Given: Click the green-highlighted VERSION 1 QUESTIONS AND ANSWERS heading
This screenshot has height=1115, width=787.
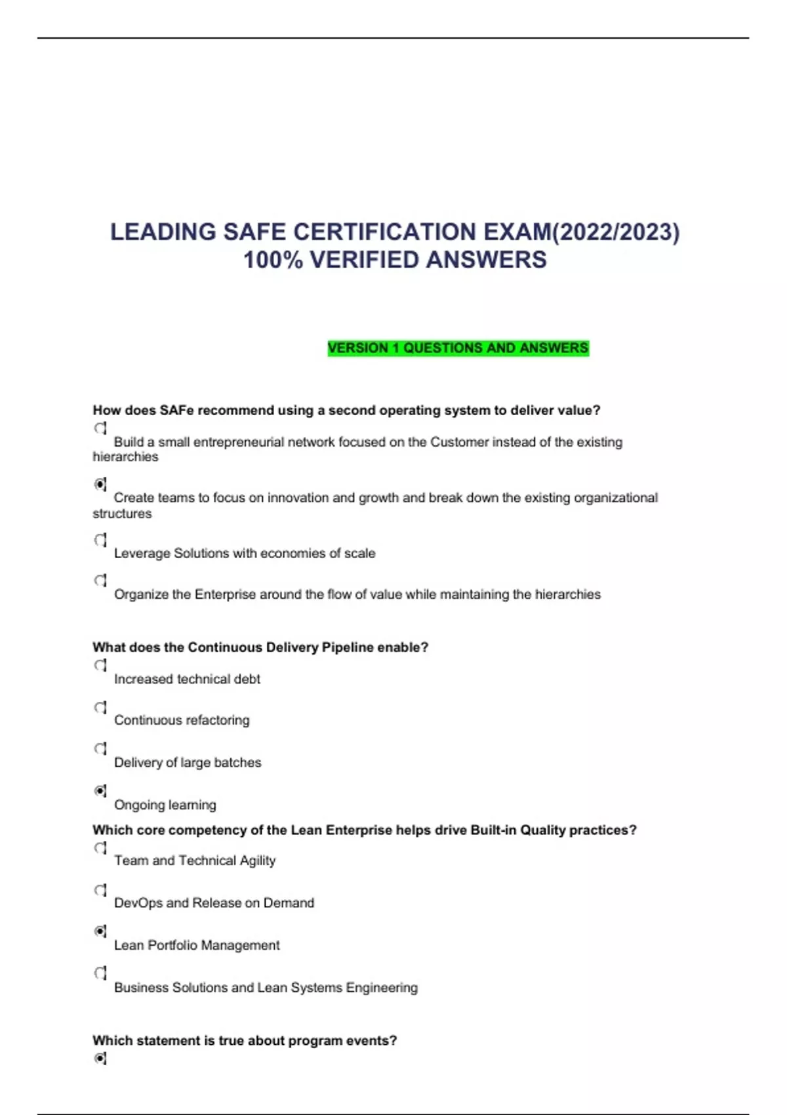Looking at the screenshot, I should point(458,348).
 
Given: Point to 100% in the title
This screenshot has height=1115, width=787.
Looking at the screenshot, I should point(273,260).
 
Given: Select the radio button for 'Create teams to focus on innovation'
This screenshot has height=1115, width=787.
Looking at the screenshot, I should point(100,484).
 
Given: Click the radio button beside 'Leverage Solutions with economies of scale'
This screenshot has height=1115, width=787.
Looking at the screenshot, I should point(100,540).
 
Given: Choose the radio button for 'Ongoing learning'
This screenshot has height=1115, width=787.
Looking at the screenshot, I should point(100,791).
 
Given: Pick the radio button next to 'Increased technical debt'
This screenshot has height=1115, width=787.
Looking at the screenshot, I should point(100,665).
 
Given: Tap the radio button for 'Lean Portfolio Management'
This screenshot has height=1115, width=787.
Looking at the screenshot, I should point(100,931).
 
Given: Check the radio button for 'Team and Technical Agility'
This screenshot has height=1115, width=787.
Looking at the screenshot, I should point(100,847).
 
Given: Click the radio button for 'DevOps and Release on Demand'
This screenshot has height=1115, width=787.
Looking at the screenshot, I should point(100,890).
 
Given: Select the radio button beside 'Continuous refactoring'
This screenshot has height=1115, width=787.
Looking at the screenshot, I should point(100,707).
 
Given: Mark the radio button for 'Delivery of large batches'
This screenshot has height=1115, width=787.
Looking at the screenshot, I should point(100,748).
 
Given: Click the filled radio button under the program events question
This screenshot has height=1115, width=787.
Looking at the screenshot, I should point(100,1058).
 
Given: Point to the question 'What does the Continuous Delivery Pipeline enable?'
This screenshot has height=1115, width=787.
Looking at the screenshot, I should point(260,647).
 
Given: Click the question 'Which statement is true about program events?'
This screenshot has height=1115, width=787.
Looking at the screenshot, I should point(245,1041).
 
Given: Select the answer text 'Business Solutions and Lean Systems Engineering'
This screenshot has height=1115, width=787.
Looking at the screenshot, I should point(266,988).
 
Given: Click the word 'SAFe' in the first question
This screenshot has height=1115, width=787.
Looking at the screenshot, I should point(176,411).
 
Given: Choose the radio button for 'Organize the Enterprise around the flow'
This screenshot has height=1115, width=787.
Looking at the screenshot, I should point(100,580).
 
